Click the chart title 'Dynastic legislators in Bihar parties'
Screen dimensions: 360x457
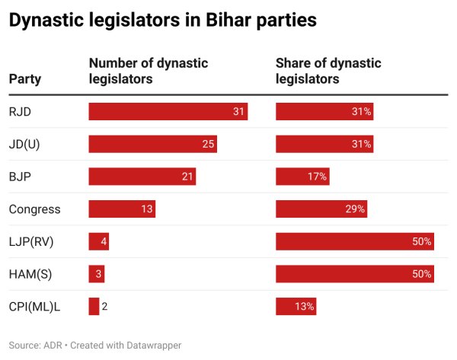coord(162,21)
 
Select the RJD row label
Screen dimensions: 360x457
coord(21,112)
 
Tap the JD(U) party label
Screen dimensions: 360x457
coord(25,144)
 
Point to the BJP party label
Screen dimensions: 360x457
coord(20,177)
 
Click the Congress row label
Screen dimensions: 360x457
coord(34,209)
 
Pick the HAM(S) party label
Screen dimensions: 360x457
coord(30,274)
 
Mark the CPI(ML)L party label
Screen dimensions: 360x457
coord(36,307)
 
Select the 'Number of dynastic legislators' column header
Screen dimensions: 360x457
coord(148,71)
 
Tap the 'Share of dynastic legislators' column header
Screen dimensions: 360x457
coord(328,71)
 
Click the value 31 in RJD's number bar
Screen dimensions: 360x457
coord(238,112)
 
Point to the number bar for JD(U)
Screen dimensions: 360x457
coord(152,144)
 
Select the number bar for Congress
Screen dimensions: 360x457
coord(122,209)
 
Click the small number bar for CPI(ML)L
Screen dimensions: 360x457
coord(94,307)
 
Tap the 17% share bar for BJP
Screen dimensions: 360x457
coord(302,177)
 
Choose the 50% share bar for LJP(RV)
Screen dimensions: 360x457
coord(355,242)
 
